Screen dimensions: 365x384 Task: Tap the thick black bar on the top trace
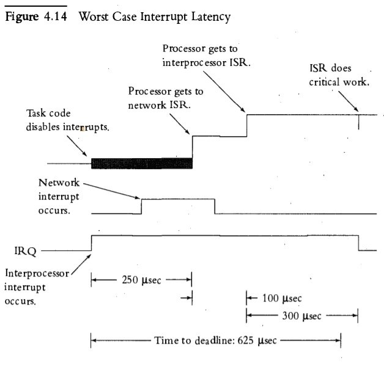(141, 163)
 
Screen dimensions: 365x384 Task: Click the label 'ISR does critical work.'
(339, 74)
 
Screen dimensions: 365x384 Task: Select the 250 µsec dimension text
(141, 281)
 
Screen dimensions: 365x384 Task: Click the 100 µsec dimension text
(282, 299)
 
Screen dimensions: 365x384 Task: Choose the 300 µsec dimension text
(300, 316)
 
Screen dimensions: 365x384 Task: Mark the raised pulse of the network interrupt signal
(178, 200)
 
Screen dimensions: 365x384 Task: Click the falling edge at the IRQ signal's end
(358, 243)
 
